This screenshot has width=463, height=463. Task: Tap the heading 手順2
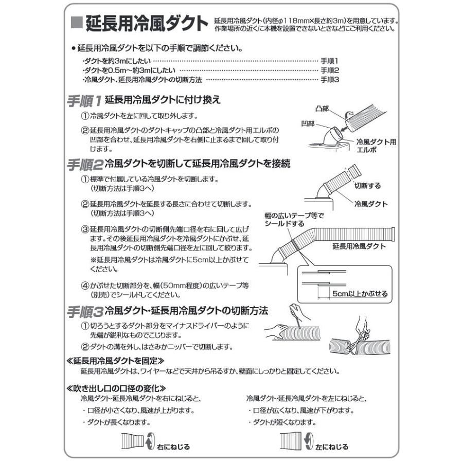point(85,165)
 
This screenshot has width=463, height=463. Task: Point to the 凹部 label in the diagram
point(310,124)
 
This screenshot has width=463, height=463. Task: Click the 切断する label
point(367,185)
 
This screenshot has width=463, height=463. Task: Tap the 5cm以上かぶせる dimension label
point(359,294)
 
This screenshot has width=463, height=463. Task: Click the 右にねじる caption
point(173,447)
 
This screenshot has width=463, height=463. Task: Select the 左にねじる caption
point(332,447)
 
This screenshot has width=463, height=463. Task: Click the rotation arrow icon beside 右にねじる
point(150,441)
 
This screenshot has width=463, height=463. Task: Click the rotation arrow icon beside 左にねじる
point(310,441)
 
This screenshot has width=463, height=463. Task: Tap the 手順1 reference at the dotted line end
point(330,61)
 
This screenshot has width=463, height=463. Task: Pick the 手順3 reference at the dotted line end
point(330,80)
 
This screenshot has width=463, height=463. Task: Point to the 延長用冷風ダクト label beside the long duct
point(359,246)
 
